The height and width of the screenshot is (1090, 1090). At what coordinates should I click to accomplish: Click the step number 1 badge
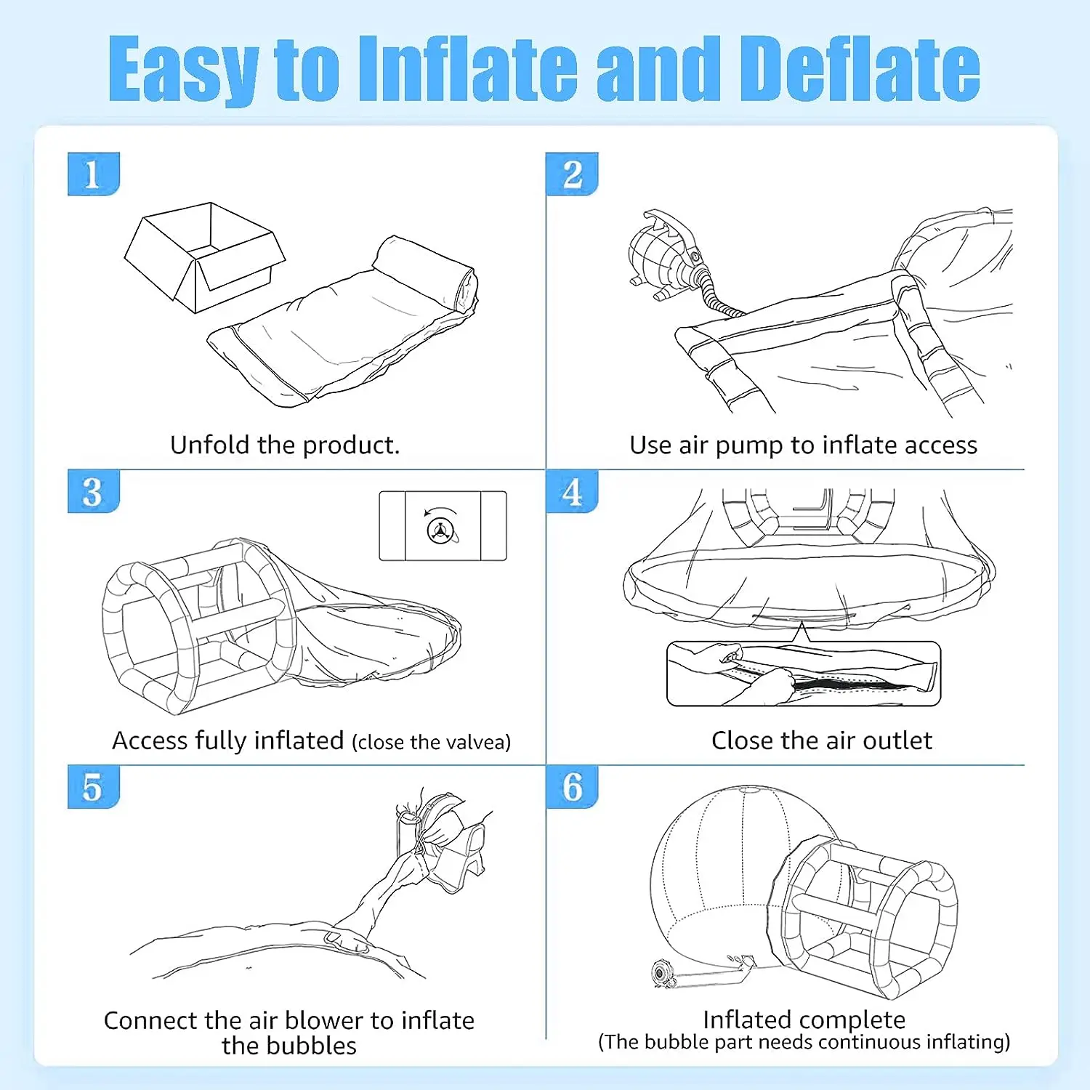[93, 174]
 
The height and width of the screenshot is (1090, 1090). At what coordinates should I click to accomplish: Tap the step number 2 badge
[572, 174]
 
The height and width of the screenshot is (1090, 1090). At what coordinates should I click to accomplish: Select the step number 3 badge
[93, 492]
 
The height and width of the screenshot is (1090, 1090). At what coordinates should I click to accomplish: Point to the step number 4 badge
[572, 492]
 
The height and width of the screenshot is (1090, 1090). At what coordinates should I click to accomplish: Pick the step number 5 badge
[93, 787]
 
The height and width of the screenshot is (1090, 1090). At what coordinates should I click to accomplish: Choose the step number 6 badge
[572, 787]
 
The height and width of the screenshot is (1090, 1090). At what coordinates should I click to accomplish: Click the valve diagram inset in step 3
[443, 526]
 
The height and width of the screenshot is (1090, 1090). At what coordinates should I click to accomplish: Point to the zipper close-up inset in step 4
[804, 674]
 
